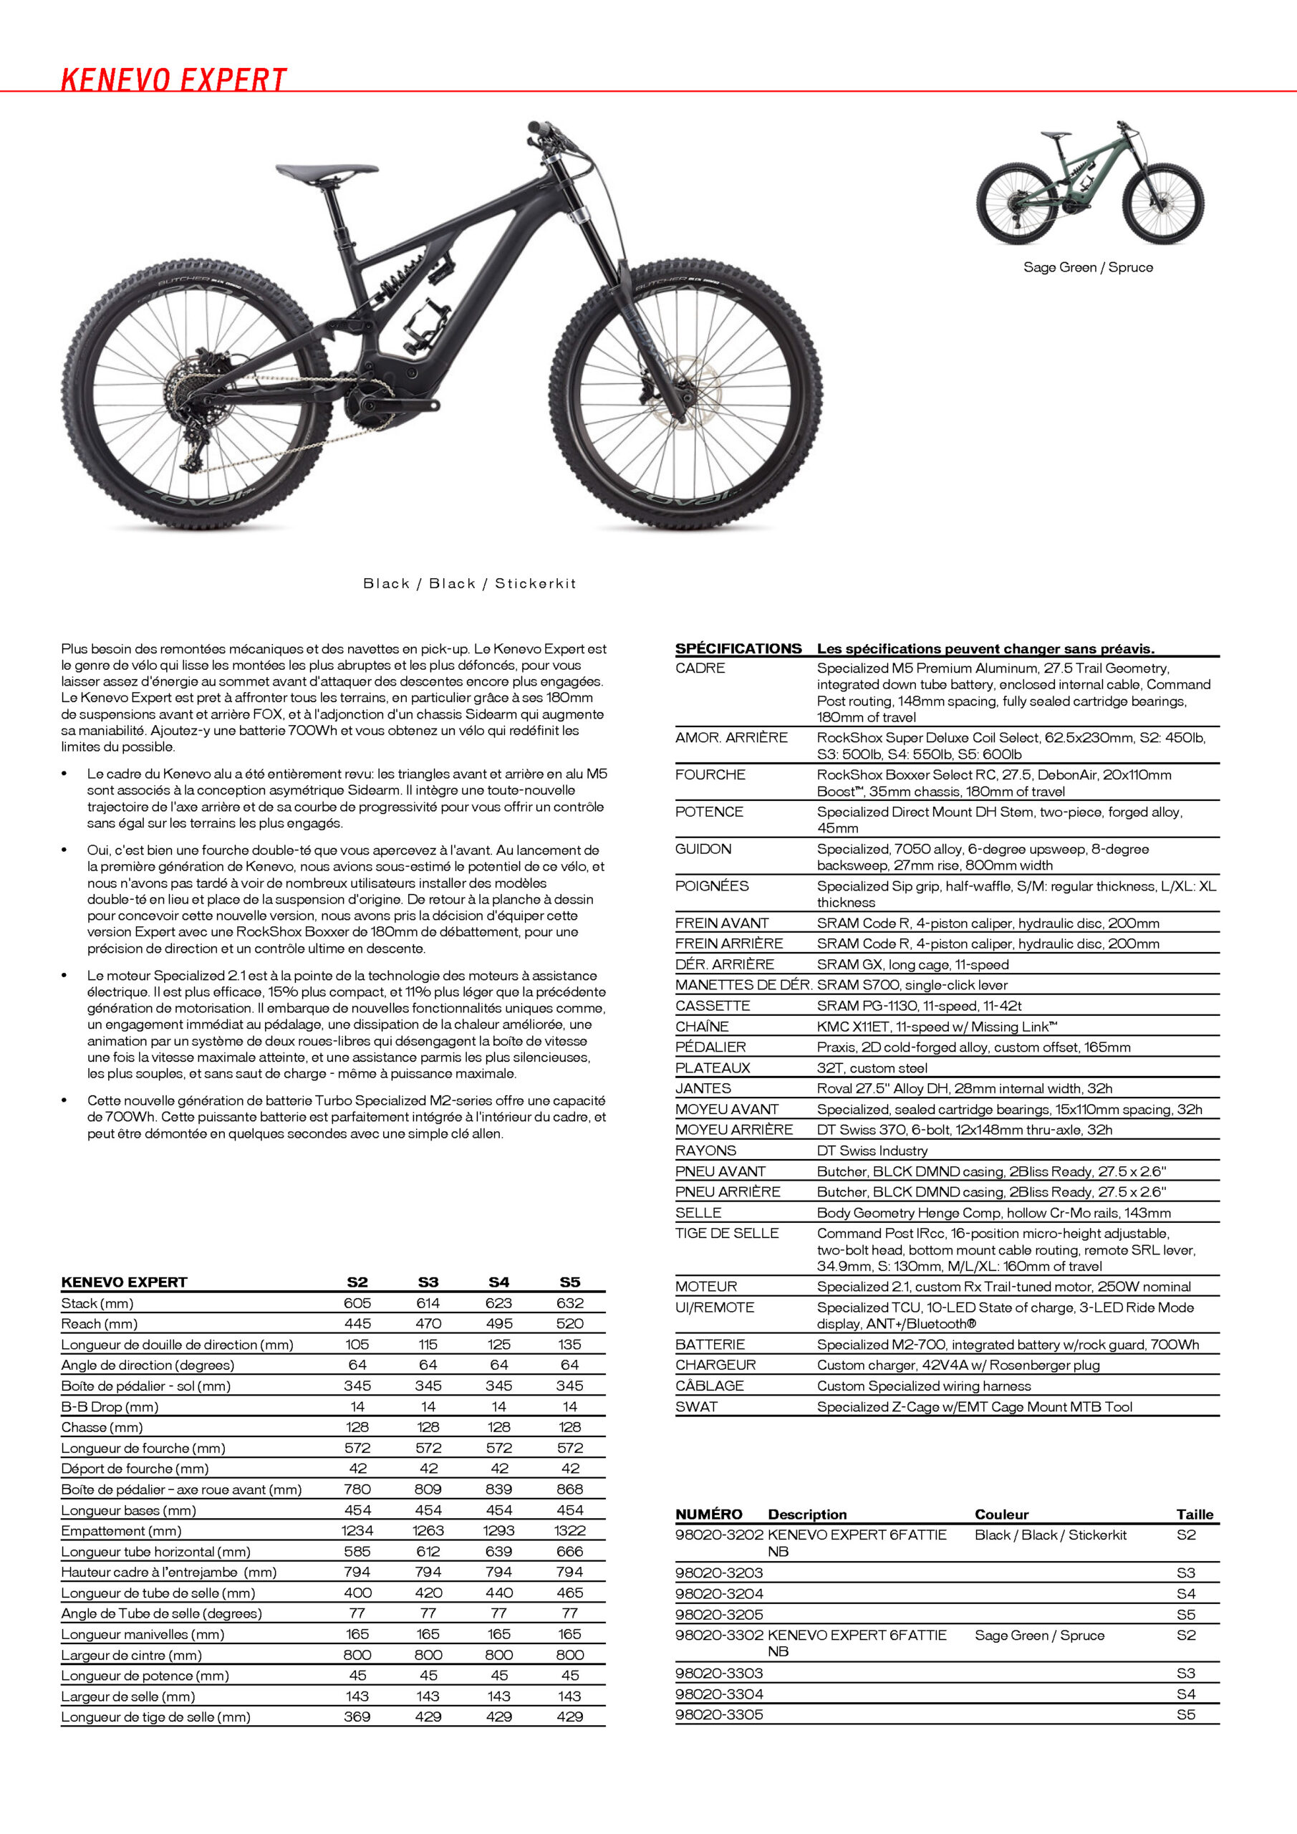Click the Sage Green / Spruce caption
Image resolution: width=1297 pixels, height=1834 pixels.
coord(1088,268)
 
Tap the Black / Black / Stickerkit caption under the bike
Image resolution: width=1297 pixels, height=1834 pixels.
coord(469,584)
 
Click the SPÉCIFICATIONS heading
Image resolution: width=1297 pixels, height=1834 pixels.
coord(738,648)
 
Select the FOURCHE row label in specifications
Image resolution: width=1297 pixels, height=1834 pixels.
coord(710,775)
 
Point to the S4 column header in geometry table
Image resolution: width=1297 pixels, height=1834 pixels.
coord(498,1282)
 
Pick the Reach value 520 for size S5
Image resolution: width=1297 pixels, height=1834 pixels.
coord(569,1324)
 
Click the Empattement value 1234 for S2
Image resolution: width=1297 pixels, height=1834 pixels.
coord(357,1530)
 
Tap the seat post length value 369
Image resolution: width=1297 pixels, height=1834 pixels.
coord(357,1717)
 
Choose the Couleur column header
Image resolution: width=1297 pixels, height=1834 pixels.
coord(1001,1514)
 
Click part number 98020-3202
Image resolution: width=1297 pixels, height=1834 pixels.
coord(719,1535)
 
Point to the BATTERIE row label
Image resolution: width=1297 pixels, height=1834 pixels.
coord(710,1345)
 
